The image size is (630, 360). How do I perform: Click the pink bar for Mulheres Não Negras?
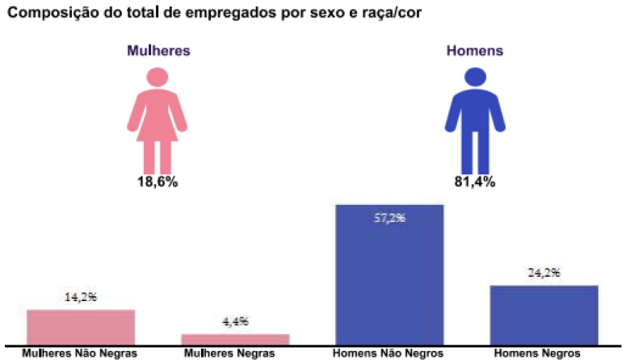pyautogui.click(x=81, y=326)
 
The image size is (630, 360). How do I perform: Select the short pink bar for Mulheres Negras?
pyautogui.click(x=235, y=338)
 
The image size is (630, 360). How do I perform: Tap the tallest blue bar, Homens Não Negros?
pyautogui.click(x=389, y=274)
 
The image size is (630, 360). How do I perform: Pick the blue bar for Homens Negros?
pyautogui.click(x=544, y=314)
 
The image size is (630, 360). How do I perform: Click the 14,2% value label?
pyautogui.click(x=81, y=296)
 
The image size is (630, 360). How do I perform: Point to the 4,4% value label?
pyautogui.click(x=235, y=321)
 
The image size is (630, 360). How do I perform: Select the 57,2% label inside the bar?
pyautogui.click(x=389, y=218)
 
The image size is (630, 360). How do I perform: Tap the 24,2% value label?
pyautogui.click(x=544, y=272)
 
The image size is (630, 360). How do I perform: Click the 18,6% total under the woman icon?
pyautogui.click(x=157, y=182)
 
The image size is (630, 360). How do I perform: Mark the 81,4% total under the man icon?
pyautogui.click(x=475, y=182)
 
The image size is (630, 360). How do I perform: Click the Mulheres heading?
pyautogui.click(x=158, y=50)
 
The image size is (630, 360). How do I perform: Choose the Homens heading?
pyautogui.click(x=475, y=50)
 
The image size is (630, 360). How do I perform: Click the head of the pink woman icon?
pyautogui.click(x=157, y=76)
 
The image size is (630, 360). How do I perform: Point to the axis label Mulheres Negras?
pyautogui.click(x=229, y=354)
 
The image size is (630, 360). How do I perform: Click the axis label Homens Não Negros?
pyautogui.click(x=388, y=354)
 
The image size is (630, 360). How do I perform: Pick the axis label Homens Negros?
pyautogui.click(x=537, y=354)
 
